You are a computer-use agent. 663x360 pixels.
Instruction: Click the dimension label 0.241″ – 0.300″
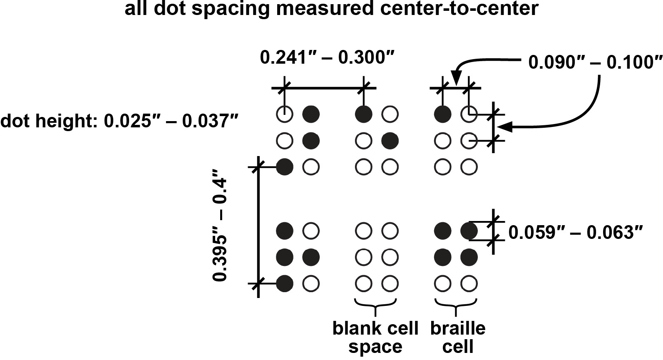(327, 57)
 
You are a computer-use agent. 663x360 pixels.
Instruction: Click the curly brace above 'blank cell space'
(376, 306)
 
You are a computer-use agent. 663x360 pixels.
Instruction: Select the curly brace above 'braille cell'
(455, 306)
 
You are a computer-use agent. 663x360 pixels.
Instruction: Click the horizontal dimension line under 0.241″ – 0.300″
(324, 88)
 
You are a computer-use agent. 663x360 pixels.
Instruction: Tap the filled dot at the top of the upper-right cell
(442, 114)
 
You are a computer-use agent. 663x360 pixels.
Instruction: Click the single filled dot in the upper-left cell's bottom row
(285, 167)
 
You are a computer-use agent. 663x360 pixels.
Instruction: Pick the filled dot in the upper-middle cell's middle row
(390, 141)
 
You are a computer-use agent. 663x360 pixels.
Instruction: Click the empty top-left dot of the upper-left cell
(285, 114)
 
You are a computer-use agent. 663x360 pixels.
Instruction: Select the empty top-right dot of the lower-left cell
(311, 230)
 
